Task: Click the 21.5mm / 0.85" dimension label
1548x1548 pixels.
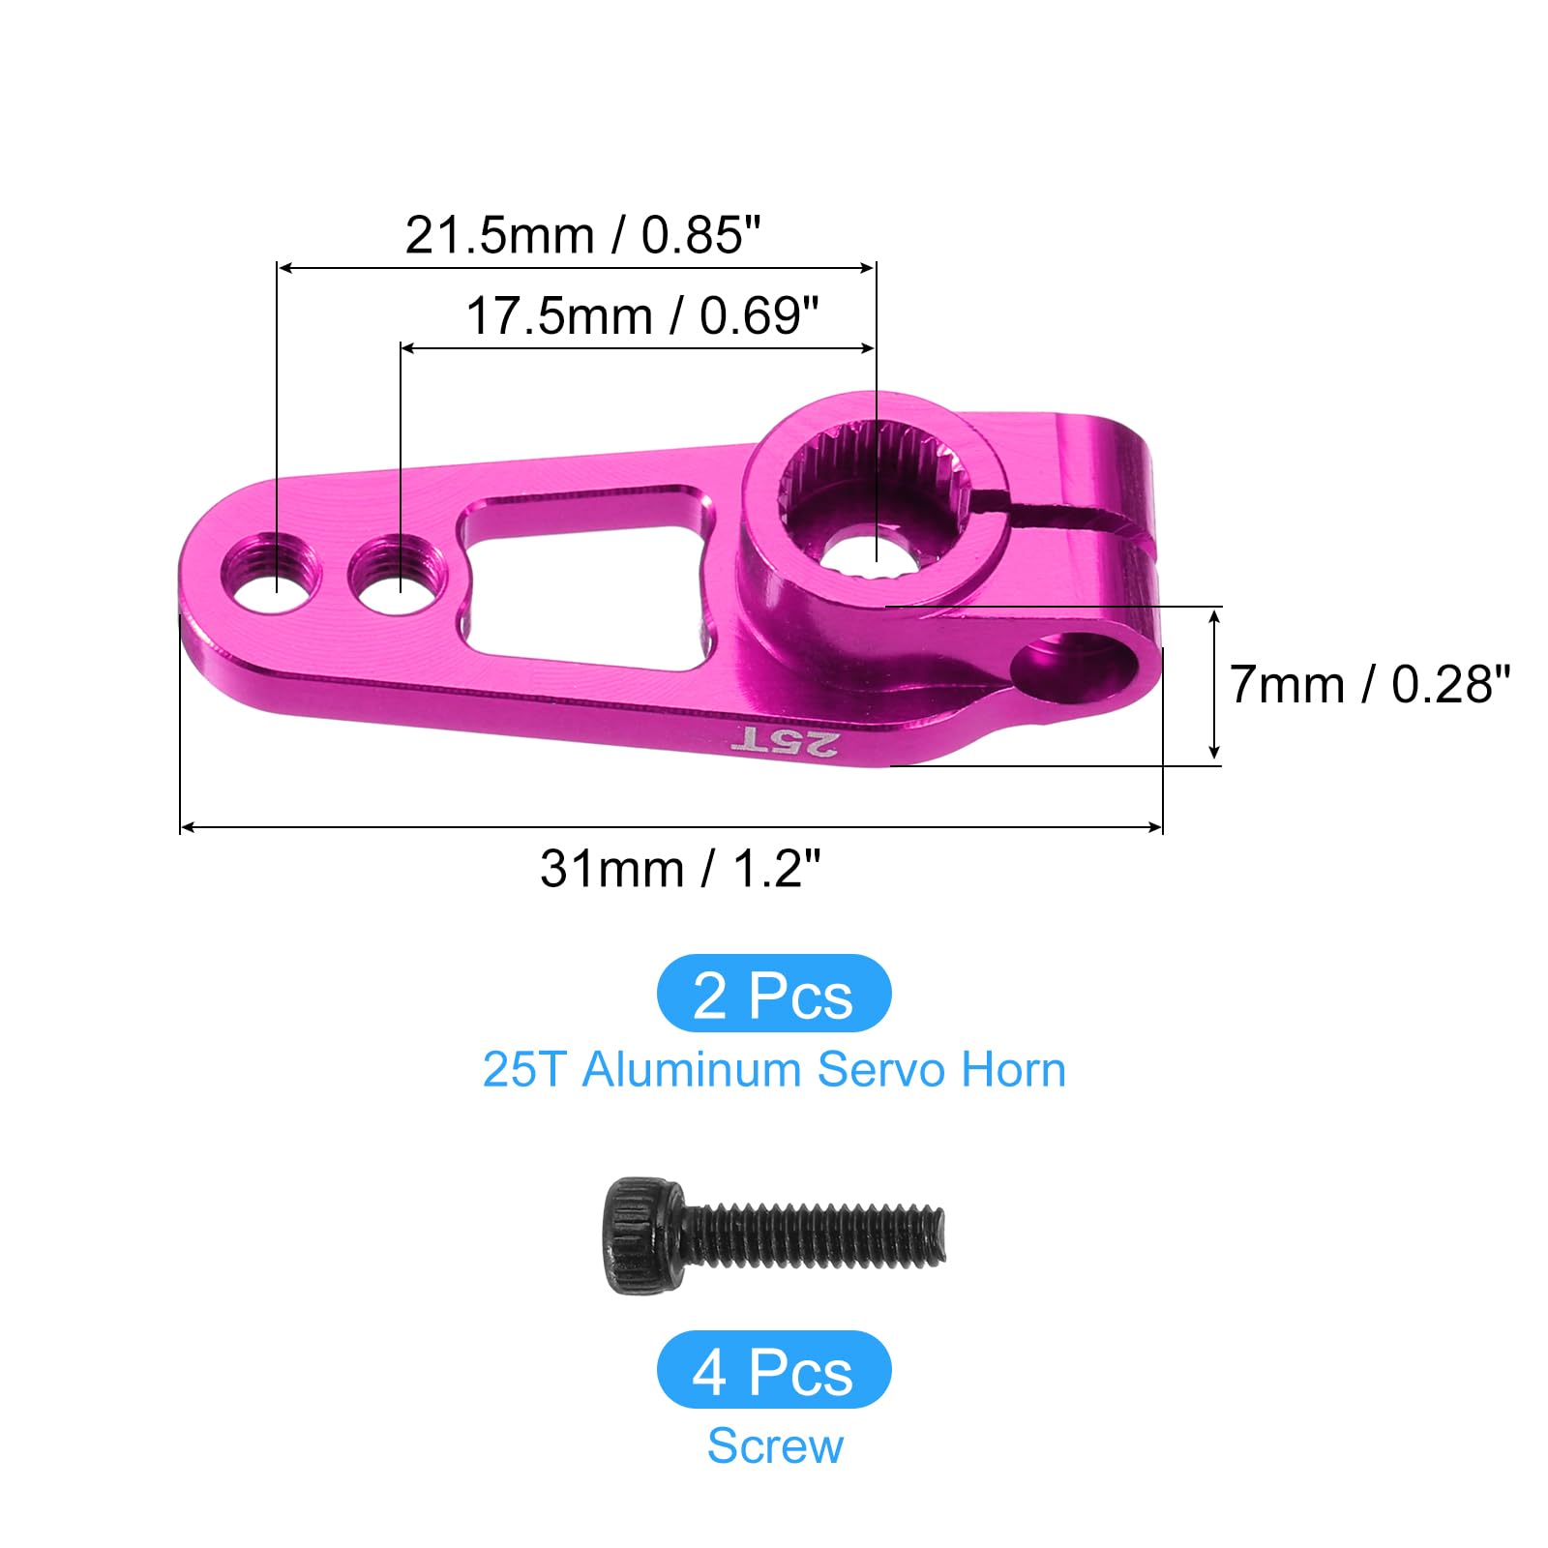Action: click(582, 235)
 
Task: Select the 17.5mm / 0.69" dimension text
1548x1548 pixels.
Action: click(642, 316)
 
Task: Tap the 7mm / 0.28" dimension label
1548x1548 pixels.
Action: click(1369, 685)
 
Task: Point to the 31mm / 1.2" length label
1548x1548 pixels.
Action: click(680, 868)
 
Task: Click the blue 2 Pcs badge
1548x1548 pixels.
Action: click(773, 994)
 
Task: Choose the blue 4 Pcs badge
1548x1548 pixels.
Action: click(773, 1370)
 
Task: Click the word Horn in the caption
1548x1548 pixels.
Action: click(1013, 1070)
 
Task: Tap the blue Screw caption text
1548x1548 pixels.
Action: click(775, 1446)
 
